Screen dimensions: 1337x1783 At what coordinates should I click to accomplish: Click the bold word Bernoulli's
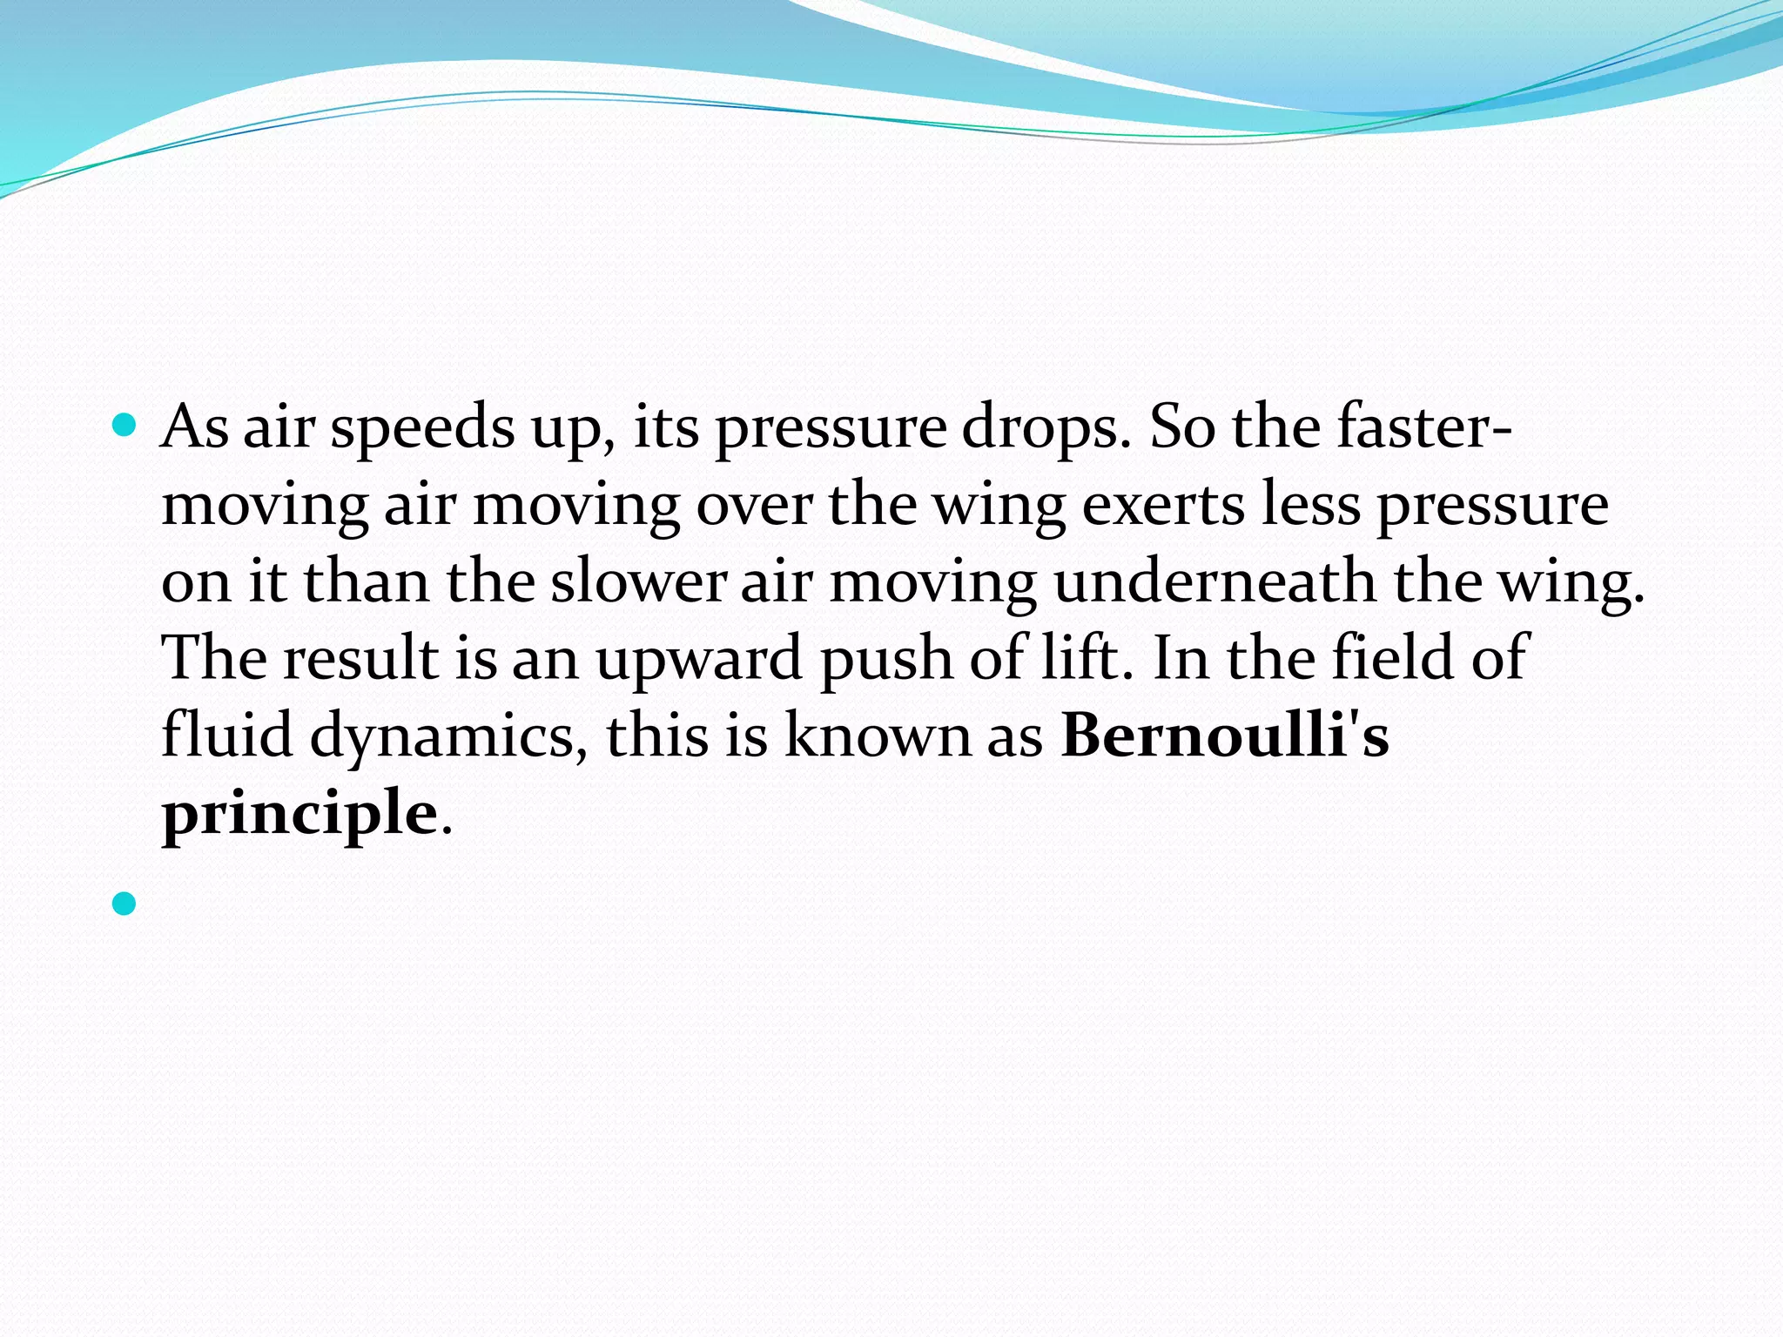pos(1224,735)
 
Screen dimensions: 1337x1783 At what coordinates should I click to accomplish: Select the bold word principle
pos(299,813)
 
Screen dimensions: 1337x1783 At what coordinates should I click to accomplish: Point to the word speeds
pos(422,428)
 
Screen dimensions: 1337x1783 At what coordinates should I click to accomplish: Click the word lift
pos(1087,657)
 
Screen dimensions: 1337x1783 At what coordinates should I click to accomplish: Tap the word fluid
pos(227,735)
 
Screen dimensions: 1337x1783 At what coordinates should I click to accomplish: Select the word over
pos(754,505)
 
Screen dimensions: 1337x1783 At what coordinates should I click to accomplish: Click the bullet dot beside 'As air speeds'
pos(125,426)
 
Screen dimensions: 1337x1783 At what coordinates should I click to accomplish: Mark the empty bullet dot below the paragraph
pos(125,904)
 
